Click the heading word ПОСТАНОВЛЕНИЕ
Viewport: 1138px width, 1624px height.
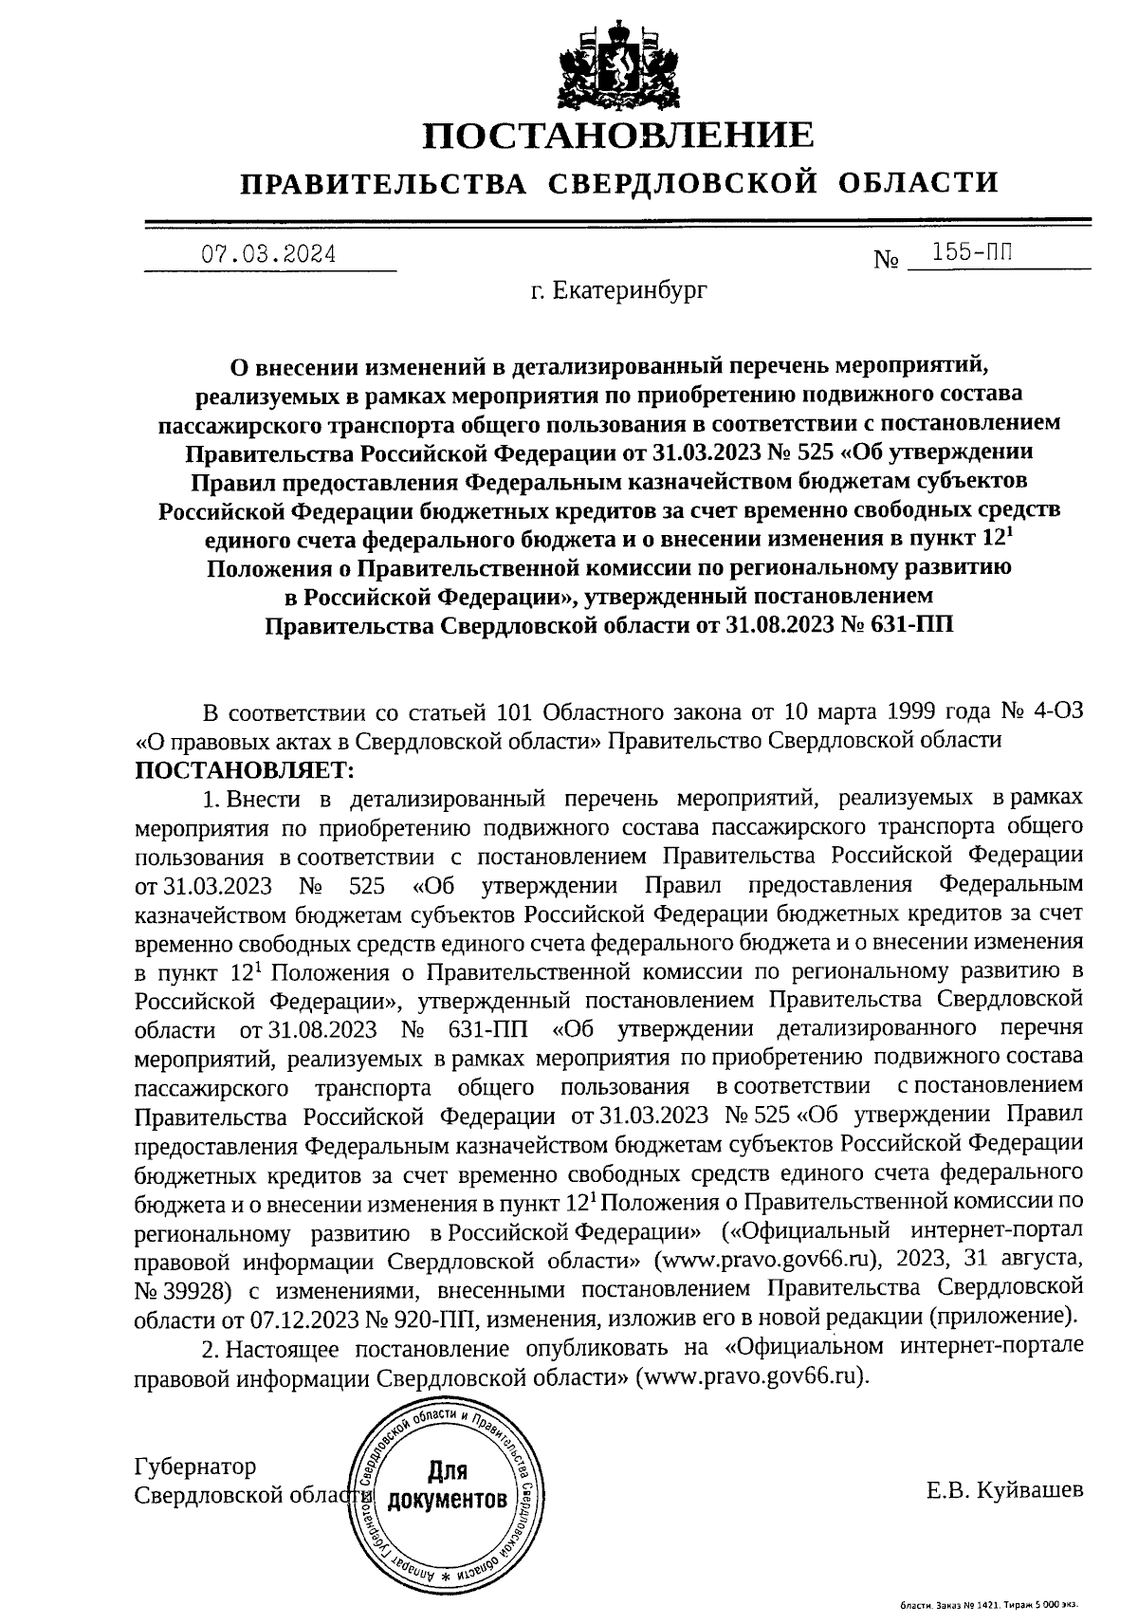click(x=617, y=135)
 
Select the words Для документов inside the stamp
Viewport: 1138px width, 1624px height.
click(x=447, y=1487)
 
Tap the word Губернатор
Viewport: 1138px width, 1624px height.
click(x=195, y=1467)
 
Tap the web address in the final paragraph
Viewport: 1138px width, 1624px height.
click(x=754, y=1376)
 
